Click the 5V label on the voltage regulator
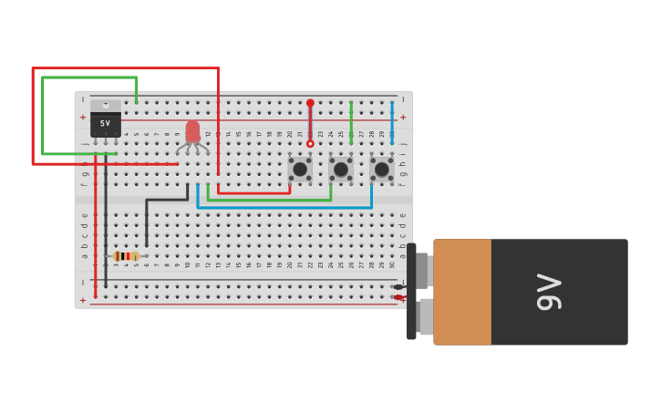105,123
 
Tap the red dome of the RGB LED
192,131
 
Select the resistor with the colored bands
126,256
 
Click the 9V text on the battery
549,292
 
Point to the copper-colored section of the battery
462,292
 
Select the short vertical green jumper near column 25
351,122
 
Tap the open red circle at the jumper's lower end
310,144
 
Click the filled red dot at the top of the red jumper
310,103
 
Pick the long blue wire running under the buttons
283,207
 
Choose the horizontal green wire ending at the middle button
269,200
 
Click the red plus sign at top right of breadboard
403,117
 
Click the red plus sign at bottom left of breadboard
83,300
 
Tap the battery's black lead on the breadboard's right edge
398,287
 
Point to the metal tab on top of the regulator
106,105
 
